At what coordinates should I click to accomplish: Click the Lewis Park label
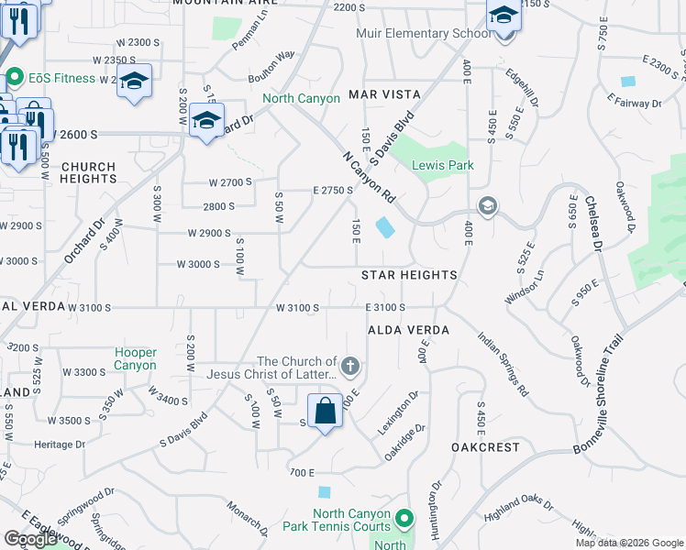pos(435,165)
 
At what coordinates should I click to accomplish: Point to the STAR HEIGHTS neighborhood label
pos(409,275)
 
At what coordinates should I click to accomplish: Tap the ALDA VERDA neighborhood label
pos(409,329)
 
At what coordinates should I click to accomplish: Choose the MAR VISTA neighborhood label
pos(384,94)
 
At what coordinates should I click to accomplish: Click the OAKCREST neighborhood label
pos(485,447)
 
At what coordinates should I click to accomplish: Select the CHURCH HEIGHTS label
pos(88,173)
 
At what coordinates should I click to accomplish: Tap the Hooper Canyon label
pos(135,358)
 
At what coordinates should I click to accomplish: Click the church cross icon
pos(349,368)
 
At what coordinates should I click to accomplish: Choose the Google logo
pos(30,539)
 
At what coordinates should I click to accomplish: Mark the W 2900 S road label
pos(209,233)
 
